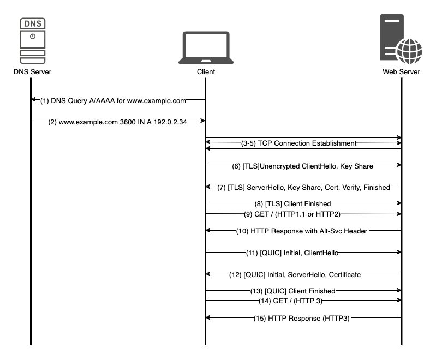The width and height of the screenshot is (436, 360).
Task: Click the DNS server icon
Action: click(32, 40)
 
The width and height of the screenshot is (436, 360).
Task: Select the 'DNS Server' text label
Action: click(32, 71)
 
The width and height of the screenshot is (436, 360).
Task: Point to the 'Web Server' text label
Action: click(401, 71)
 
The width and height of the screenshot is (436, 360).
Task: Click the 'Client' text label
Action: click(205, 71)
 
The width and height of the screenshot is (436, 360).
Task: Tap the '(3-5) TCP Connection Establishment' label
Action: click(298, 143)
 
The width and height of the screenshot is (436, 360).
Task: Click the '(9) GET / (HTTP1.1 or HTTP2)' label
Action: click(292, 214)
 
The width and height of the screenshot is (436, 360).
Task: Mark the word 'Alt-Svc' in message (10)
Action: click(328, 231)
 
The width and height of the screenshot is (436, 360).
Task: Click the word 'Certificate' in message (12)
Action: click(342, 274)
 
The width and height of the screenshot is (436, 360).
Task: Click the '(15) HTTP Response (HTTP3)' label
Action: click(301, 318)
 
